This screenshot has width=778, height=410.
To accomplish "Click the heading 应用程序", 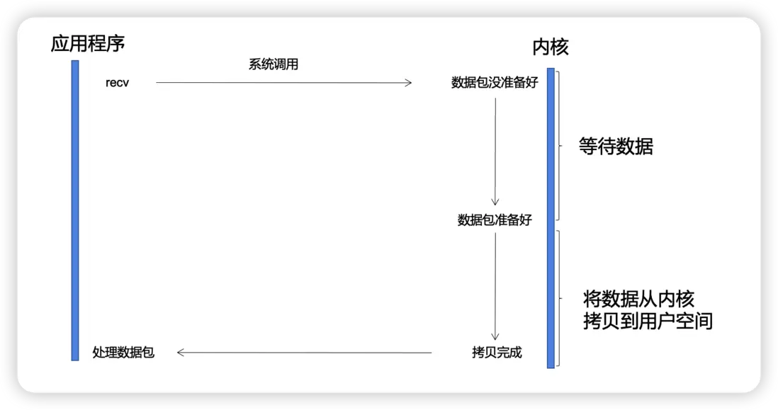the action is point(88,44).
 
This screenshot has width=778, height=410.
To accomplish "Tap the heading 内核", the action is point(550,47).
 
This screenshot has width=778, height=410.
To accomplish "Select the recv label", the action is point(117,84).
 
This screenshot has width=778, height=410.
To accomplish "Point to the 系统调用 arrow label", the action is point(273,65).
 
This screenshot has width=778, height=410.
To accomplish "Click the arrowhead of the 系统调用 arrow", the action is point(408,83).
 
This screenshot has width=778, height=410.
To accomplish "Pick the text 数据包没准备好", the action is point(495,83).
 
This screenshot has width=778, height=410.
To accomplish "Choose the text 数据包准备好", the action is point(495,220).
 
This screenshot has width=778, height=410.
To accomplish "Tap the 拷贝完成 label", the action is point(496,352).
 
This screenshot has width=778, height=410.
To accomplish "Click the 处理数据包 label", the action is point(123,352).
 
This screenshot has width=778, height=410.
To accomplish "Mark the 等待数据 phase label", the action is point(616,147).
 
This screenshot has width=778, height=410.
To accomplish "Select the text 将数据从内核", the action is point(638,298).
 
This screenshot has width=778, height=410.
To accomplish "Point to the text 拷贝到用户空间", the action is point(647,321).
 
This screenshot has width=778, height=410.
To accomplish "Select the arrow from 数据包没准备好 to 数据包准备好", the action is point(495,152).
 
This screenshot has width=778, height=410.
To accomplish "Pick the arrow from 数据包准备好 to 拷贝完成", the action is point(495,287).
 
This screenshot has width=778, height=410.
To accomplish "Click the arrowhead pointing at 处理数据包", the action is point(181,352).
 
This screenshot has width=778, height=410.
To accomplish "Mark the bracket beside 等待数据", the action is point(559,145).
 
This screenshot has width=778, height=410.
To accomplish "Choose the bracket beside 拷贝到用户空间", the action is point(560,297).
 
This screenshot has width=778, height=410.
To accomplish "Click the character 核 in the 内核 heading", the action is point(559,47).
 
